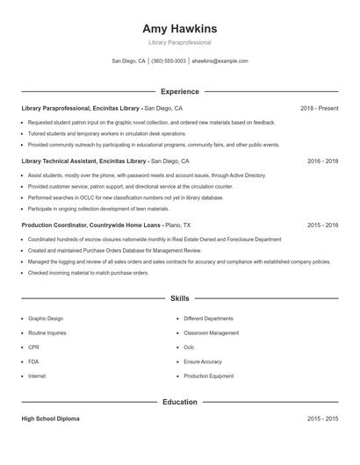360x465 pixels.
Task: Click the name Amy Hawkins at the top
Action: click(x=180, y=29)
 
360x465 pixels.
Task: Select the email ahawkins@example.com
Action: click(x=220, y=61)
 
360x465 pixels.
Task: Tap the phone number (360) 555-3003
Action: click(x=169, y=61)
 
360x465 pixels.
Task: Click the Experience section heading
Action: click(x=180, y=91)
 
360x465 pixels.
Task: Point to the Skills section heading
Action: click(x=180, y=298)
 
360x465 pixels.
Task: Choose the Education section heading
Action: click(x=180, y=402)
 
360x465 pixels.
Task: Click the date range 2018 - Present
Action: click(x=319, y=108)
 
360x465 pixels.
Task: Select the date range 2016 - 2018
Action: click(x=322, y=161)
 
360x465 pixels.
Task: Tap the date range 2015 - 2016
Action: click(x=322, y=225)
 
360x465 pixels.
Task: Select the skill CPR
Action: click(x=33, y=347)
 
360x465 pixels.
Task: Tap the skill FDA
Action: click(x=33, y=361)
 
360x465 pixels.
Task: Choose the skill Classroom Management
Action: click(x=211, y=333)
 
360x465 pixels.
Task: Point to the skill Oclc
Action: click(x=189, y=347)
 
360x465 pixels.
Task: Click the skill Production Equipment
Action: click(x=209, y=376)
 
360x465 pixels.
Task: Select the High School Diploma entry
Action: click(x=50, y=418)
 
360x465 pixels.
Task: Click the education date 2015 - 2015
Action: click(x=322, y=418)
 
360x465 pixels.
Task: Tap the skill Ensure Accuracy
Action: click(x=203, y=361)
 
